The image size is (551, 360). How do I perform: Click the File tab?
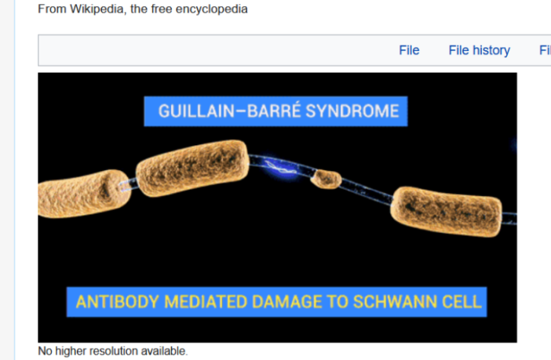pyautogui.click(x=409, y=50)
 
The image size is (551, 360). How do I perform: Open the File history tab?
pyautogui.click(x=479, y=50)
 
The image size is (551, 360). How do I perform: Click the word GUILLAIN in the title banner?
pyautogui.click(x=191, y=111)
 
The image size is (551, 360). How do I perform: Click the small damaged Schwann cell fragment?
pyautogui.click(x=324, y=180)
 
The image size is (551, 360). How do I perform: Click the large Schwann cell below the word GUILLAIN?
pyautogui.click(x=192, y=168)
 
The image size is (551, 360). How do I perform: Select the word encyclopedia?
pyautogui.click(x=212, y=10)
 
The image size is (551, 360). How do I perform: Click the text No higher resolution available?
pyautogui.click(x=113, y=351)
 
